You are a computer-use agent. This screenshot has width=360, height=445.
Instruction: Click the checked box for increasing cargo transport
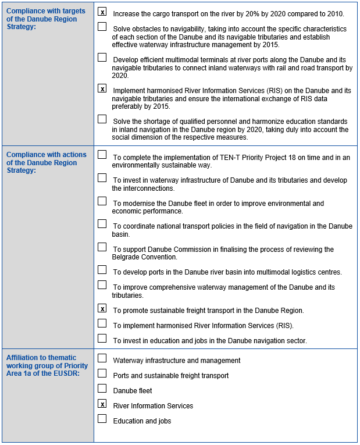102,12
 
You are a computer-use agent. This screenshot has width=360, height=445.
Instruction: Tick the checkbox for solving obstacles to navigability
102,27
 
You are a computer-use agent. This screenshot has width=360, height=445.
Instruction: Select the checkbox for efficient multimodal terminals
102,58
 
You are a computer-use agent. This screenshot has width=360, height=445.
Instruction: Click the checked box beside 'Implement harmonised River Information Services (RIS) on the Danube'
102,88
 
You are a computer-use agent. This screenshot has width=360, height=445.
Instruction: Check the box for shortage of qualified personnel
102,119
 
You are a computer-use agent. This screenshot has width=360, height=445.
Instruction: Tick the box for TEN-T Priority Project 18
102,155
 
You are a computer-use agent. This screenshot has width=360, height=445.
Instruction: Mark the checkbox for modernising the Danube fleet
102,201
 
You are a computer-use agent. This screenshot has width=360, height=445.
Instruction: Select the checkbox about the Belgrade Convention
102,247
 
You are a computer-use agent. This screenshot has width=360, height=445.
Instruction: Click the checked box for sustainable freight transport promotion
102,308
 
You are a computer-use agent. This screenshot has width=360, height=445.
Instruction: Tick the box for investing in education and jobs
102,339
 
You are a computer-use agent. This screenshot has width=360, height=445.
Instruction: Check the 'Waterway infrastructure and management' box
102,358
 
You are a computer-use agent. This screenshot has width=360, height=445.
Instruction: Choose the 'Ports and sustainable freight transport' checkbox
102,373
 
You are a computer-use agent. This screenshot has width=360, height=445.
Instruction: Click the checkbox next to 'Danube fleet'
102,389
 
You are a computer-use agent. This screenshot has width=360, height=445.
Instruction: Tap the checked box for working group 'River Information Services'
102,404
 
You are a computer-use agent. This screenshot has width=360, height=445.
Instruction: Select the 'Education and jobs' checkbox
102,419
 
